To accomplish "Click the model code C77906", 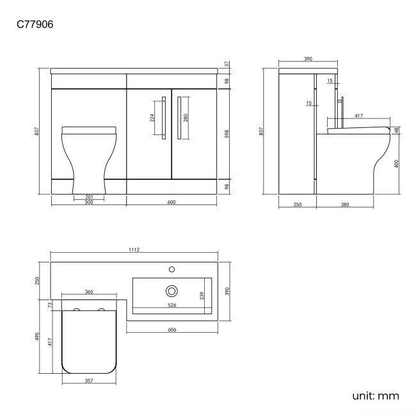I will [36, 25].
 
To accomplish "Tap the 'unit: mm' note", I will [376, 396].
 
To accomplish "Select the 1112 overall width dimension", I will [134, 250].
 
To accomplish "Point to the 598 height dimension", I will [227, 134].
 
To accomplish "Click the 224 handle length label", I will [152, 117].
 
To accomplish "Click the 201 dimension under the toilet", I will [89, 197].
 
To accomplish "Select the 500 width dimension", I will [88, 203].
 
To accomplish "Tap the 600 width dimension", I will [172, 203].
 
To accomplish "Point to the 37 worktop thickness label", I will [227, 64].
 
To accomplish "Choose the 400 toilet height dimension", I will [397, 164].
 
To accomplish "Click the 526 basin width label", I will [172, 305].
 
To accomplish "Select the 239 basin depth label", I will [202, 296].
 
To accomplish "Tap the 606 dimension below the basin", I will [172, 330].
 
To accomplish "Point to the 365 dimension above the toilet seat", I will [89, 292].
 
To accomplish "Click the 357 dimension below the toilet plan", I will [89, 381].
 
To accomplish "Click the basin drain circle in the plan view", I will [172, 291].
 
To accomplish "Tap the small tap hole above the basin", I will [172, 269].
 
